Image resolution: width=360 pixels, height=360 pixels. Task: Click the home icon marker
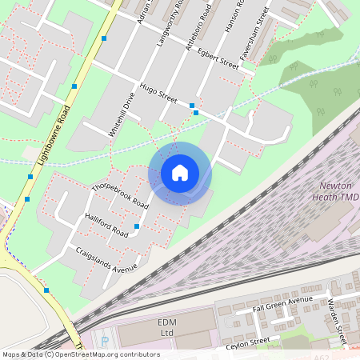[180, 172]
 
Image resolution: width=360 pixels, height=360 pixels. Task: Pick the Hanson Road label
[233, 16]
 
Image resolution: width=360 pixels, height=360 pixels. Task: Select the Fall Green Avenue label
[282, 304]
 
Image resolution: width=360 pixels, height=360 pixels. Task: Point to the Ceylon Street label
[250, 342]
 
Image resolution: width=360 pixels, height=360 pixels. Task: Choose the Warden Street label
[337, 316]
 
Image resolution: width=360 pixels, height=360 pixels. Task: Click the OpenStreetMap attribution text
[80, 354]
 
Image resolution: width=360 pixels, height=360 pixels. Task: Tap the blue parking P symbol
[105, 341]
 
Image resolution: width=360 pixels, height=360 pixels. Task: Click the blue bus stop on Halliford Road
[137, 227]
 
